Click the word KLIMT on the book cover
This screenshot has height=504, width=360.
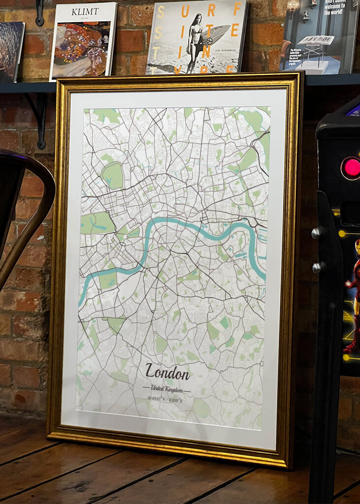tap(85, 11)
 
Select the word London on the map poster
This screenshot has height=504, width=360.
tap(167, 373)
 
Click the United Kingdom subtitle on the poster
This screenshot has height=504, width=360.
tap(166, 389)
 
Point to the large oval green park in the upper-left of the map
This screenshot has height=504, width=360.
tap(112, 176)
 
